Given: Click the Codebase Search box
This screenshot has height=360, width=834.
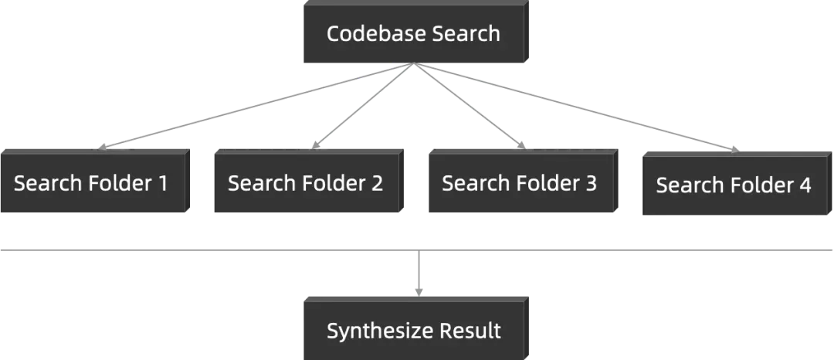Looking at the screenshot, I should (x=413, y=35).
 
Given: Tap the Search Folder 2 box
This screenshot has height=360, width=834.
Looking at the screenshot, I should (x=305, y=183).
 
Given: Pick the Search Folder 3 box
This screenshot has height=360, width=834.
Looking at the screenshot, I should (x=519, y=183).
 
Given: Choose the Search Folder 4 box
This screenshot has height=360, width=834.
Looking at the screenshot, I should (x=734, y=185).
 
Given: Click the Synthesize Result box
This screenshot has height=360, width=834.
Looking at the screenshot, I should (x=413, y=331).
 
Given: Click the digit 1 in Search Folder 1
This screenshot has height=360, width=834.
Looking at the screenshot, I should (x=162, y=183).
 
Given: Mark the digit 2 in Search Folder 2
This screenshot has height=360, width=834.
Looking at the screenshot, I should (x=377, y=183).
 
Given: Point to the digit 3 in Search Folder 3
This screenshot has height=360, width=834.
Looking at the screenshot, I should (x=591, y=183).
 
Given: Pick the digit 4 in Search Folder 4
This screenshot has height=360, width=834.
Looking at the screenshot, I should (x=805, y=185).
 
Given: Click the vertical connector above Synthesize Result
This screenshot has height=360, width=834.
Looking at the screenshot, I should (x=417, y=270).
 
